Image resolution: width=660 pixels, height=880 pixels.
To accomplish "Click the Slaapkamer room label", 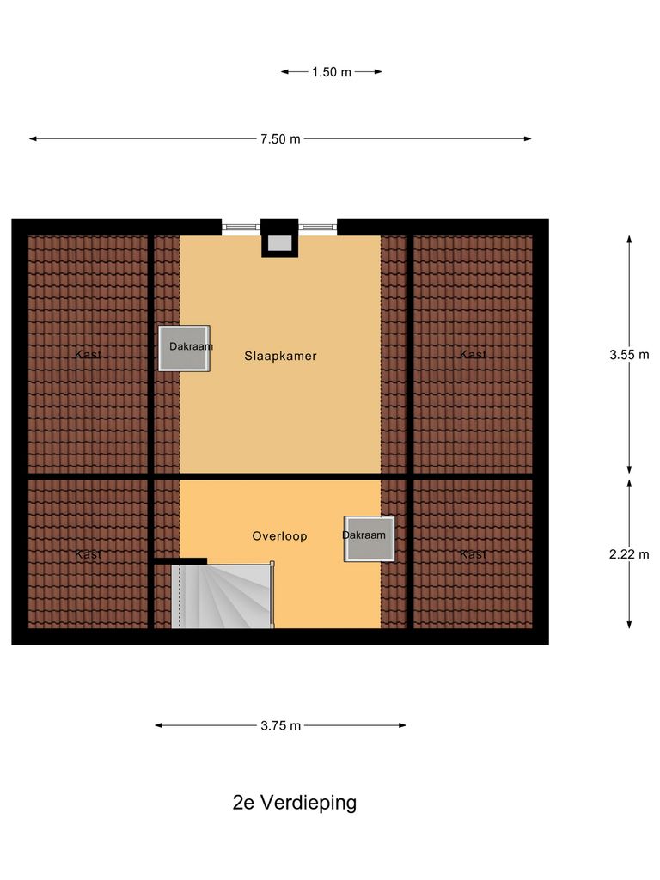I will [x=280, y=356].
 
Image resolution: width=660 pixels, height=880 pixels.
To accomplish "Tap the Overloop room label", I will [x=279, y=535].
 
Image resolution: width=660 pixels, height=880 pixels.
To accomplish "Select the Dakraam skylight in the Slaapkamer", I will [x=184, y=348].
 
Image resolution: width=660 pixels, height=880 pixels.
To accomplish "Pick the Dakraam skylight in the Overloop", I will [x=370, y=539].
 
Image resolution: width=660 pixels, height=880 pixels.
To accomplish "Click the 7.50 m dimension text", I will [x=280, y=139].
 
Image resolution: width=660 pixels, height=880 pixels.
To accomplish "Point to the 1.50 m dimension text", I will [x=331, y=72].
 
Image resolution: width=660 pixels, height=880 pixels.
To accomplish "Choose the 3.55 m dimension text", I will [x=629, y=354].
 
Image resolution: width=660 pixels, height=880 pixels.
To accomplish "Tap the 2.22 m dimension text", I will [x=629, y=554].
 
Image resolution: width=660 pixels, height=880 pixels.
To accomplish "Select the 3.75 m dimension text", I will [x=280, y=725].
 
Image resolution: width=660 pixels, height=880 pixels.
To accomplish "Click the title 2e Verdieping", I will [x=294, y=803].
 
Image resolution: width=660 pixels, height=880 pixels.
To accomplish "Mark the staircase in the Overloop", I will [x=223, y=596].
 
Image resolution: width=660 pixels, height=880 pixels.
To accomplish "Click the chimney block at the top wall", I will [x=279, y=237].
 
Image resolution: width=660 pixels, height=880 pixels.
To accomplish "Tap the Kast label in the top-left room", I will [x=88, y=354].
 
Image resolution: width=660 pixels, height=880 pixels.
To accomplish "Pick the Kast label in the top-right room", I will [x=473, y=354].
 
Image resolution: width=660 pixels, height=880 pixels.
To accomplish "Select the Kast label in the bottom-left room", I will [x=88, y=554].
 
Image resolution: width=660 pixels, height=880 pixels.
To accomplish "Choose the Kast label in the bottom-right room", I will [x=473, y=554].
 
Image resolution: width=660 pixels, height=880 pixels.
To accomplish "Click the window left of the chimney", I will [x=241, y=228].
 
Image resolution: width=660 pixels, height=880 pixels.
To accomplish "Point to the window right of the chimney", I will [x=317, y=228].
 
